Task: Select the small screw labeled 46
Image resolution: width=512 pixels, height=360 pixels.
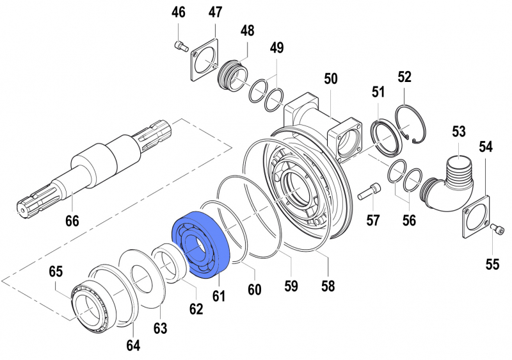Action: pyautogui.click(x=180, y=45)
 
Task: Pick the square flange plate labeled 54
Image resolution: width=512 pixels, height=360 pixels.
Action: pyautogui.click(x=474, y=215)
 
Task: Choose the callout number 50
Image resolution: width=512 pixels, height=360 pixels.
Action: pyautogui.click(x=330, y=79)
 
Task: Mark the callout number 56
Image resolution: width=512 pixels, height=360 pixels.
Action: pyautogui.click(x=408, y=220)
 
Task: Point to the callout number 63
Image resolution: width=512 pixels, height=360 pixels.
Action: pyautogui.click(x=160, y=328)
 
